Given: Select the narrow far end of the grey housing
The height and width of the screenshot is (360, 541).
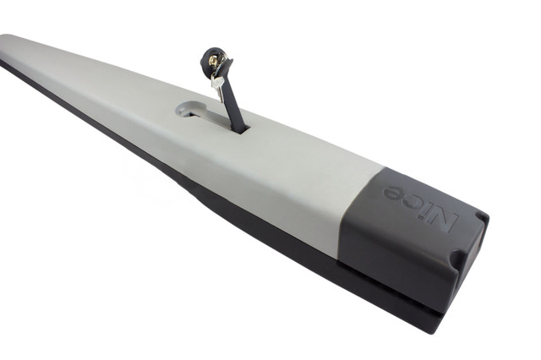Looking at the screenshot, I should tap(13, 46).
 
